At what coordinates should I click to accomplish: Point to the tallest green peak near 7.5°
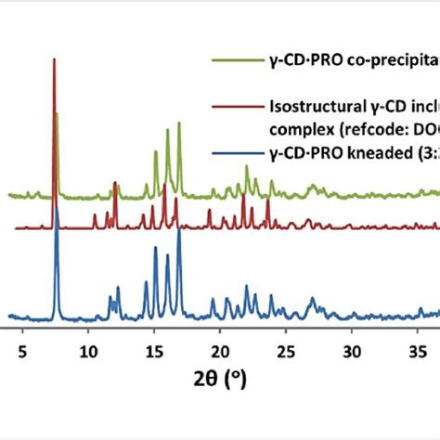57,113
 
